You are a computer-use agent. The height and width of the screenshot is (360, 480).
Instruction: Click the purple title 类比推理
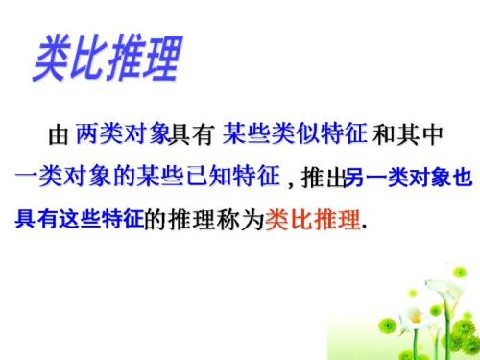[x=106, y=59]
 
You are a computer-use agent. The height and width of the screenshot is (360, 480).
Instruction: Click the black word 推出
[x=323, y=179]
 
